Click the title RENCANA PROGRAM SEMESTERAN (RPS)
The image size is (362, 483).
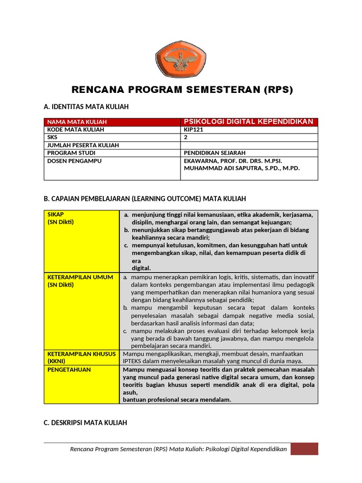(181, 90)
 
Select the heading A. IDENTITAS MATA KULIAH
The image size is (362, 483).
(86, 107)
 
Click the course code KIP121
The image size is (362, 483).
(193, 130)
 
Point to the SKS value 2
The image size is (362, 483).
(186, 137)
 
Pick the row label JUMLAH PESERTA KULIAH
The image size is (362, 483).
(83, 145)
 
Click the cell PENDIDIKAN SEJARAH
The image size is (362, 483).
(215, 153)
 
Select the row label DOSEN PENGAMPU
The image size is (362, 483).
(74, 161)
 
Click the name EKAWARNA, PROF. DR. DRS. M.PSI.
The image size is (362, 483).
(233, 161)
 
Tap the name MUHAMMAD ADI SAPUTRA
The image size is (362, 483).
(221, 168)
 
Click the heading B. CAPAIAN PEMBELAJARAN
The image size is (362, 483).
(145, 199)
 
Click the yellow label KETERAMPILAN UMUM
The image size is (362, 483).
(80, 277)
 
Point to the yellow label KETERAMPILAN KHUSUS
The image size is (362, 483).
(82, 354)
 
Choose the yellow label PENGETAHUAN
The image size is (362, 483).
(69, 370)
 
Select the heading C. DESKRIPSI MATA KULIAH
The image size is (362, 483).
(86, 423)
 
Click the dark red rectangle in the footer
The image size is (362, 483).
(304, 449)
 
